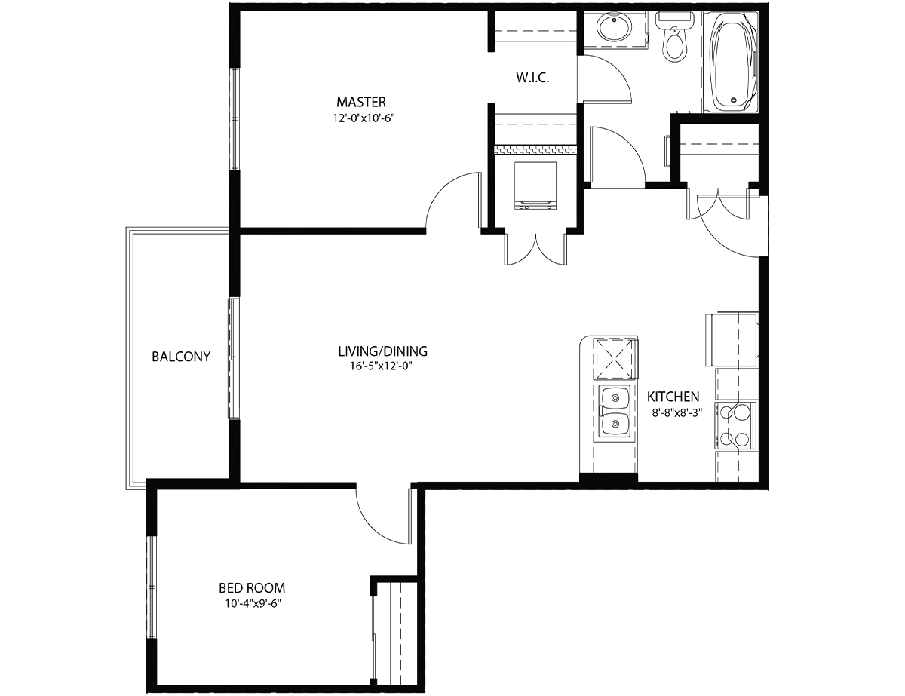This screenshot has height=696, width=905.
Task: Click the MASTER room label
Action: (x=361, y=102)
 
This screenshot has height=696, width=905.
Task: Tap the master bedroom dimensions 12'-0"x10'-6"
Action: (x=364, y=118)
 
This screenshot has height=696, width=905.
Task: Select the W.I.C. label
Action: (x=532, y=78)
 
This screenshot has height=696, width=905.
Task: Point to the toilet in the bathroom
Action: (x=675, y=38)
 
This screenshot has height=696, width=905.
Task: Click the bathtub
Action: (x=730, y=62)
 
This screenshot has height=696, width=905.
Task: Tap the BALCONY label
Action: (x=181, y=357)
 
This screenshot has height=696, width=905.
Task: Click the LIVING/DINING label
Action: (x=382, y=351)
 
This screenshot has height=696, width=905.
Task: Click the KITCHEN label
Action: (x=673, y=397)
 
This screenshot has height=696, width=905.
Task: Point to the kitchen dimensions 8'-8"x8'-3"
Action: (x=677, y=413)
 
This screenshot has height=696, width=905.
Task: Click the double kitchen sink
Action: (x=615, y=412)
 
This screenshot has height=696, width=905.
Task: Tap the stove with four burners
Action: (x=736, y=425)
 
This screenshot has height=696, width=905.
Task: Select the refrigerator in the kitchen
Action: (x=732, y=339)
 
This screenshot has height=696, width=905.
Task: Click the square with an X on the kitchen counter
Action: (x=615, y=359)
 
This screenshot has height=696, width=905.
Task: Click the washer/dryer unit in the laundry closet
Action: (x=535, y=185)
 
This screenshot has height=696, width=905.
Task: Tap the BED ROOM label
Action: (x=252, y=588)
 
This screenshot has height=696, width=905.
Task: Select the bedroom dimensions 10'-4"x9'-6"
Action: (x=253, y=603)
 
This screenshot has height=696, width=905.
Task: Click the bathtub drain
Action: (x=733, y=100)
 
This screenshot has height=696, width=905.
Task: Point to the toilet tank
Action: (x=675, y=20)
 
